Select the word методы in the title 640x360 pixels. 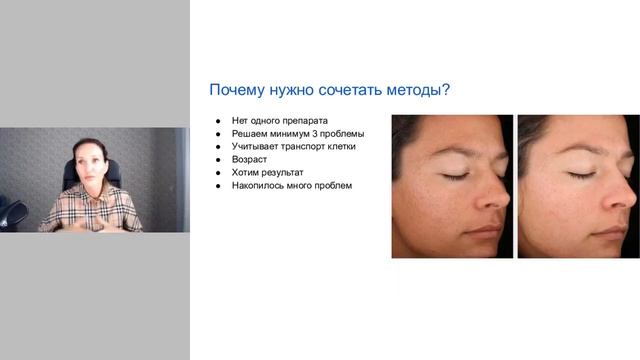point(407,91)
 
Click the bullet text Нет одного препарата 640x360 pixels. point(273,120)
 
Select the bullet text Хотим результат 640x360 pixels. point(266,172)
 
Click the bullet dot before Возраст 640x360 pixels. point(219,159)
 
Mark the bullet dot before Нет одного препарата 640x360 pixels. point(219,120)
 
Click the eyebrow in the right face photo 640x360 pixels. point(578,150)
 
